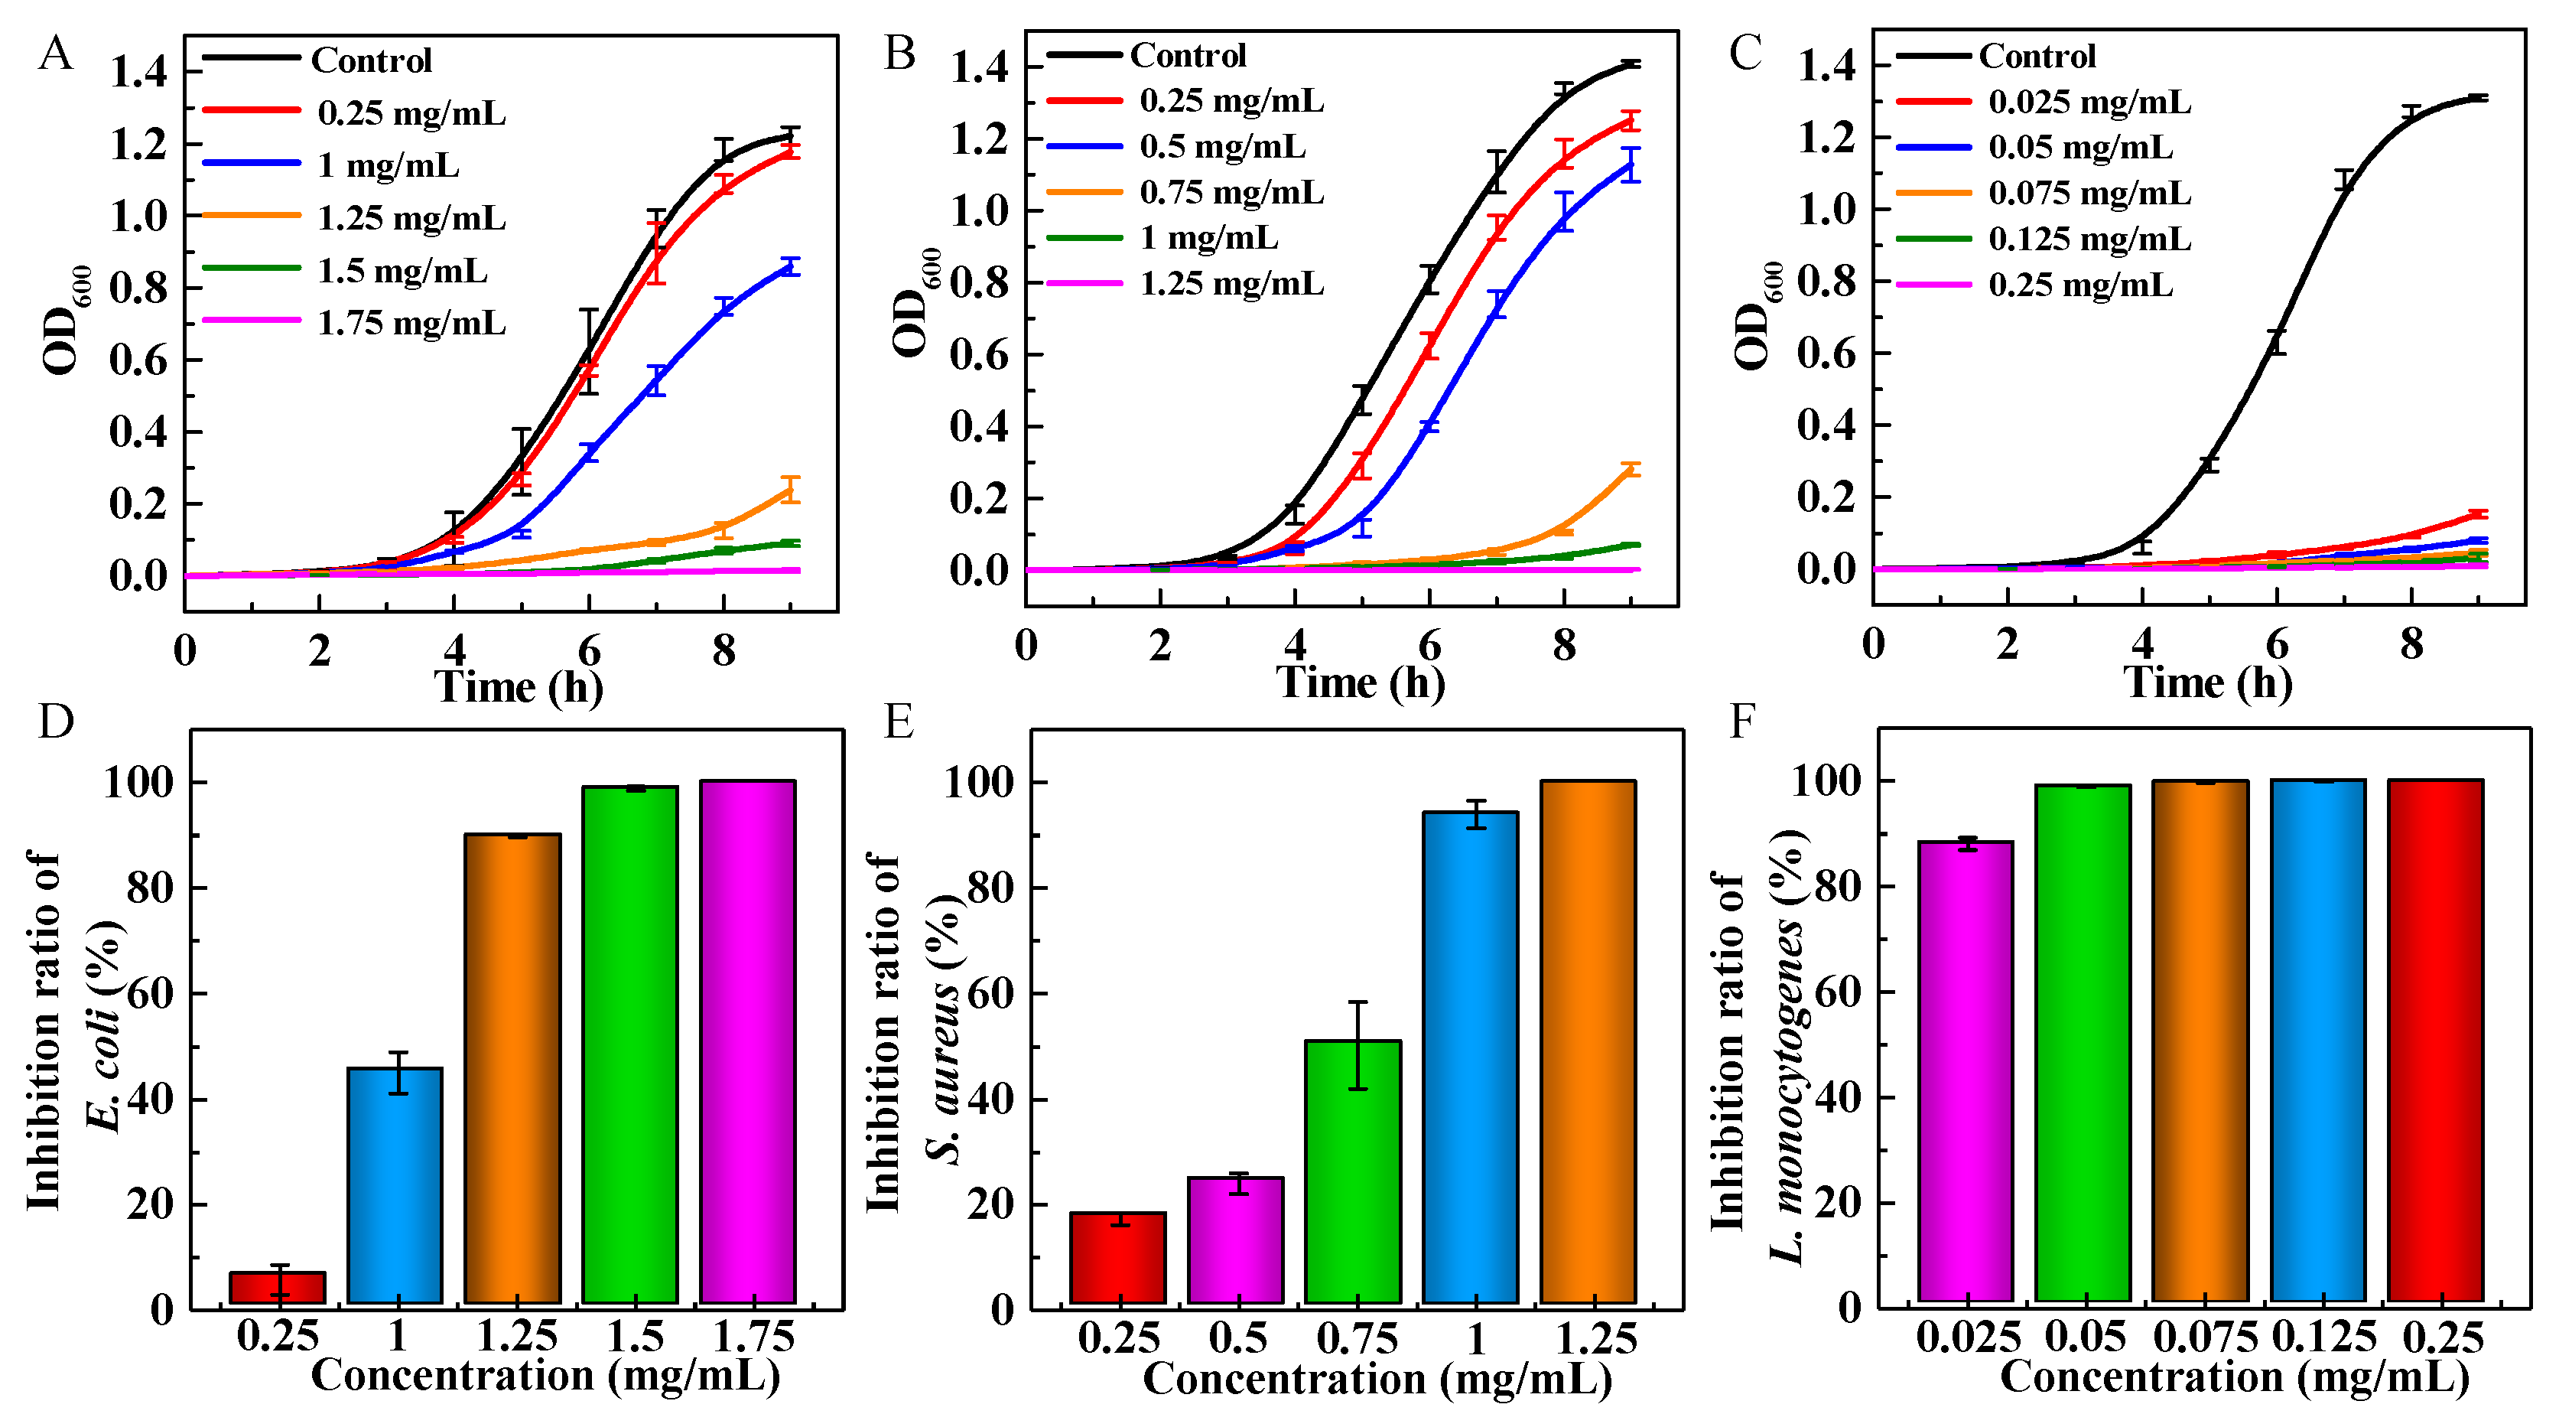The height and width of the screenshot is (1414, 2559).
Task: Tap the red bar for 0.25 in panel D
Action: (277, 1287)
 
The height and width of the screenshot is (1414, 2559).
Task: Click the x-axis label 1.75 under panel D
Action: (754, 1337)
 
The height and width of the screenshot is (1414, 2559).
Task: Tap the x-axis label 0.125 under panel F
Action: (2323, 1337)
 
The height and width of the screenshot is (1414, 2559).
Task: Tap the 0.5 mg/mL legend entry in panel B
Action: (1222, 146)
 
